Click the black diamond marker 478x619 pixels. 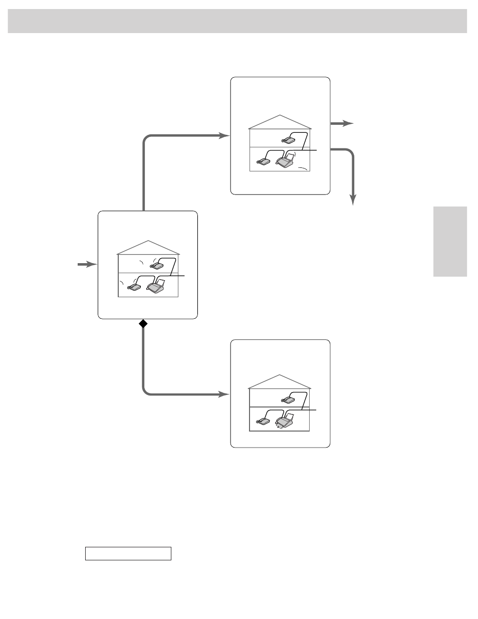(x=143, y=324)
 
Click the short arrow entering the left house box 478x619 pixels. (x=87, y=264)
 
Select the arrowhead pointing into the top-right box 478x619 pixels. (x=224, y=135)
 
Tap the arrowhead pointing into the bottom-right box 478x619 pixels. (x=224, y=394)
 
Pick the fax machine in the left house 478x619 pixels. (x=156, y=286)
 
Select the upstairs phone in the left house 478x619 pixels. (x=157, y=266)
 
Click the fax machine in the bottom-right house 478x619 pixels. (x=284, y=422)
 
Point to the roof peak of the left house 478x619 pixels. (x=148, y=241)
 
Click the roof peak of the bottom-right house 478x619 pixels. (x=280, y=375)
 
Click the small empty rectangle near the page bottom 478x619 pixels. (x=128, y=553)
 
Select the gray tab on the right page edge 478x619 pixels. (x=450, y=241)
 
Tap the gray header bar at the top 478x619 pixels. (x=237, y=21)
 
